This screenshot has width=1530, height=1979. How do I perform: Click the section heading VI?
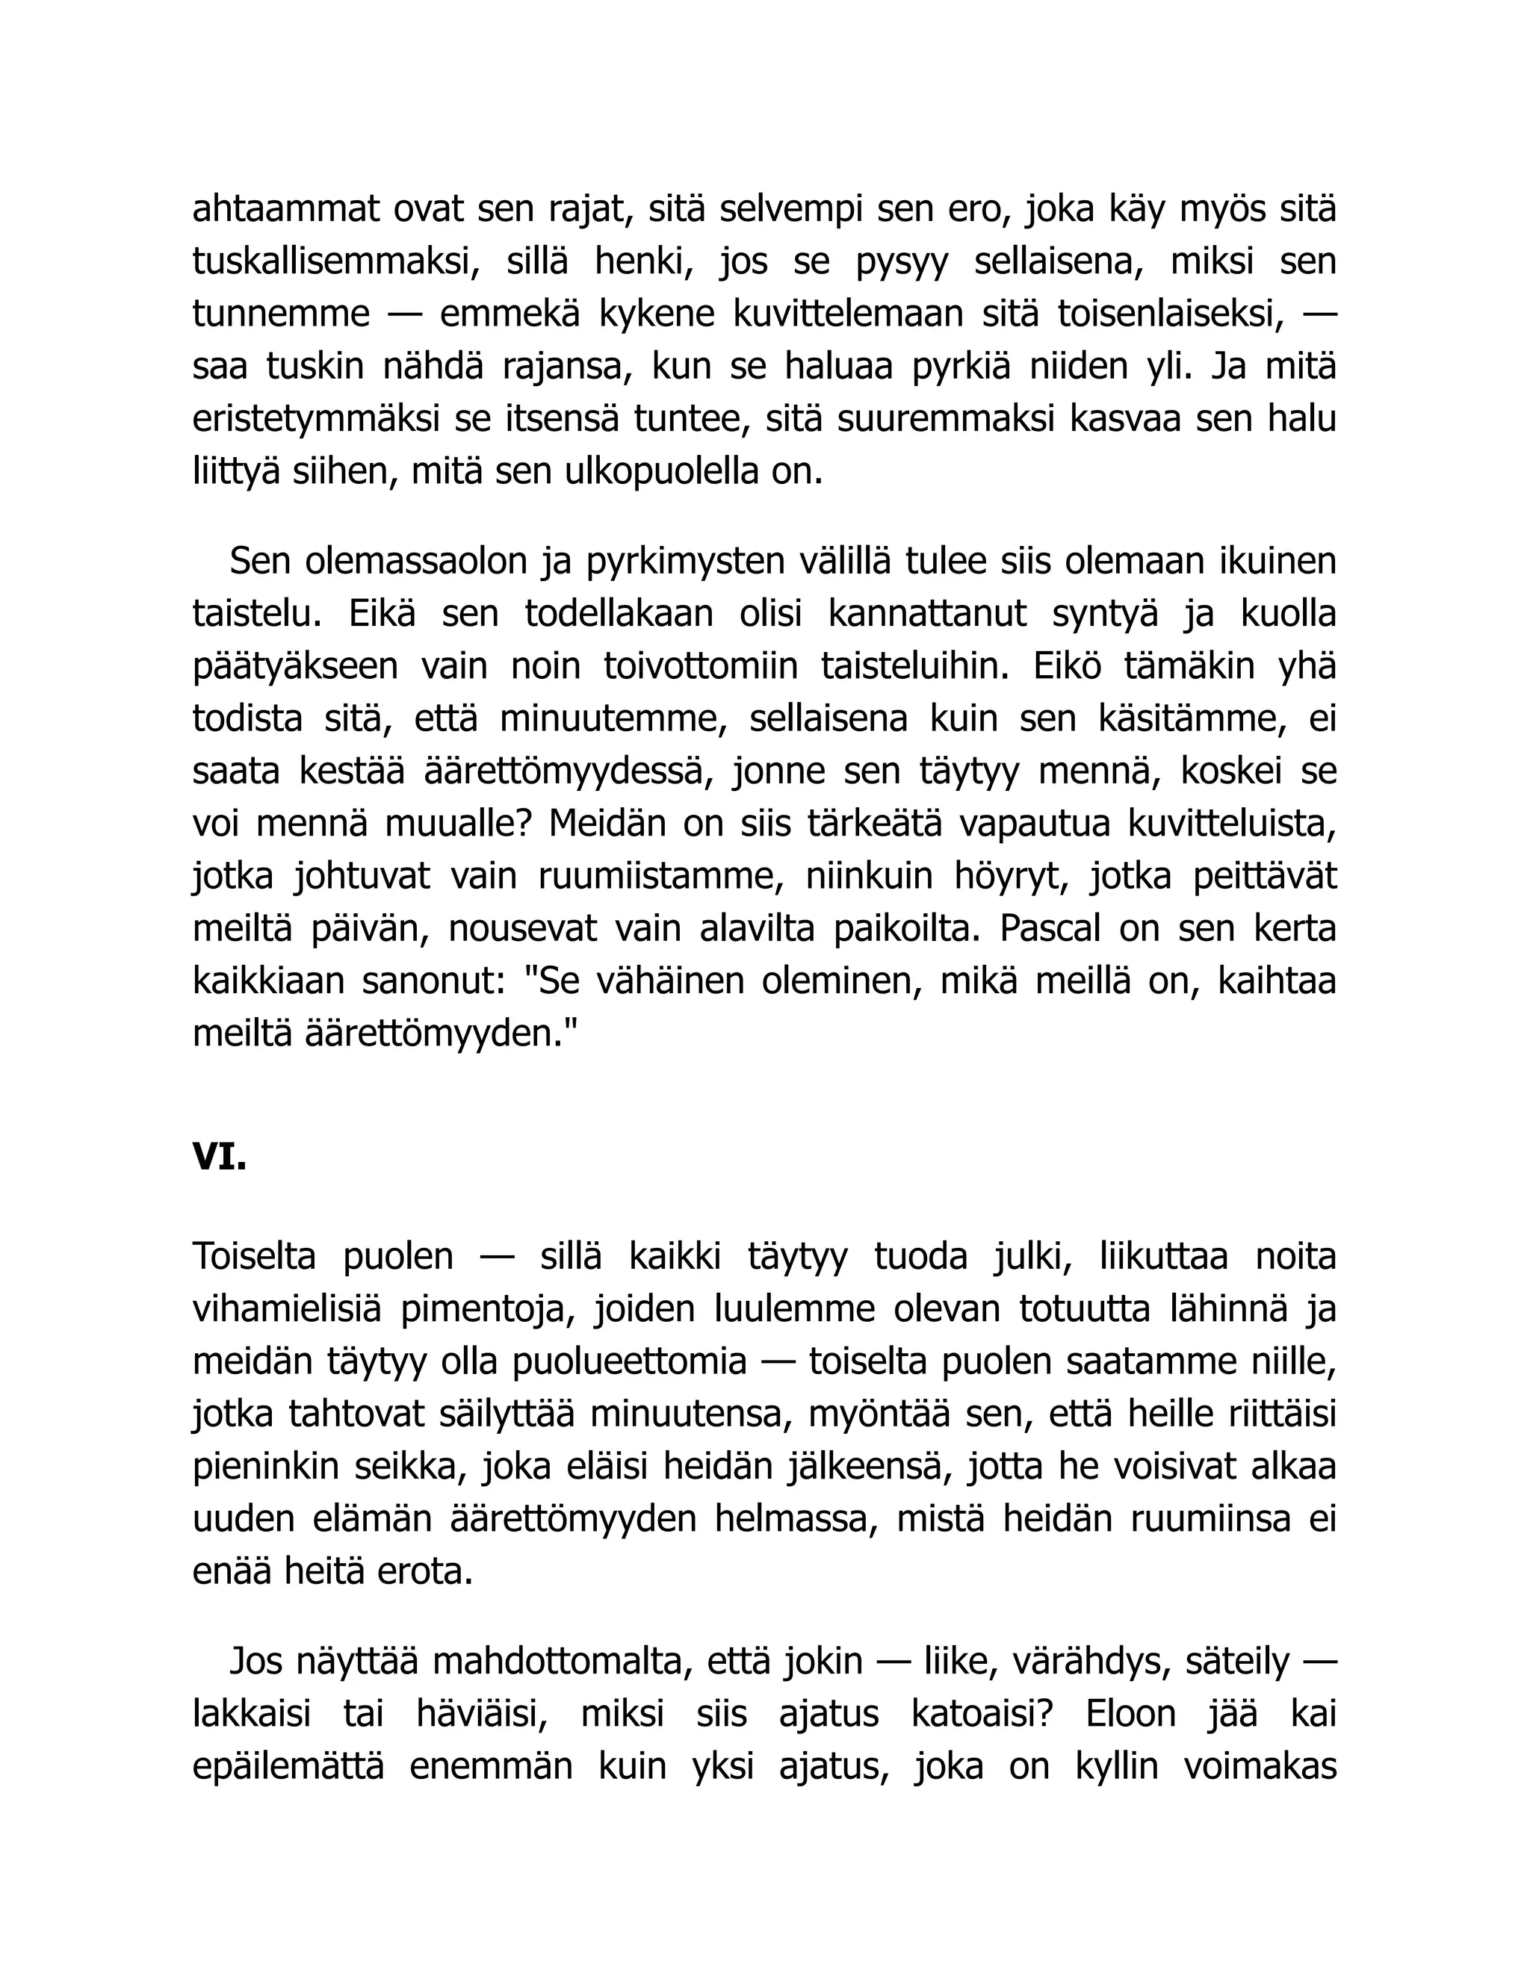(x=220, y=1157)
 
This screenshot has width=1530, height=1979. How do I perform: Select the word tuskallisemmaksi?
(x=336, y=262)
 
